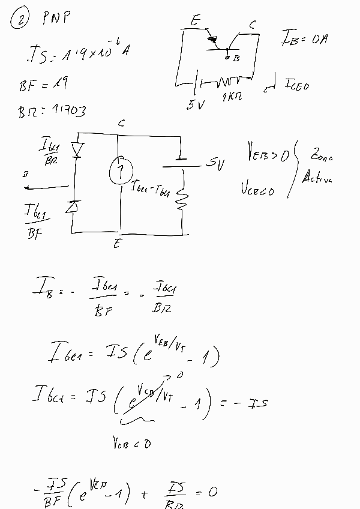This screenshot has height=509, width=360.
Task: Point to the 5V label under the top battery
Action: click(x=196, y=105)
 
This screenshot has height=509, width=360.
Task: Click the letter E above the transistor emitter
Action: click(x=195, y=21)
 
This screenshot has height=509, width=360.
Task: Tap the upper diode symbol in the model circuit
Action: click(x=76, y=149)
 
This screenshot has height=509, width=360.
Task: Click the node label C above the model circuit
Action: click(x=121, y=123)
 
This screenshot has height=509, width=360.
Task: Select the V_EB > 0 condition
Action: click(x=267, y=154)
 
